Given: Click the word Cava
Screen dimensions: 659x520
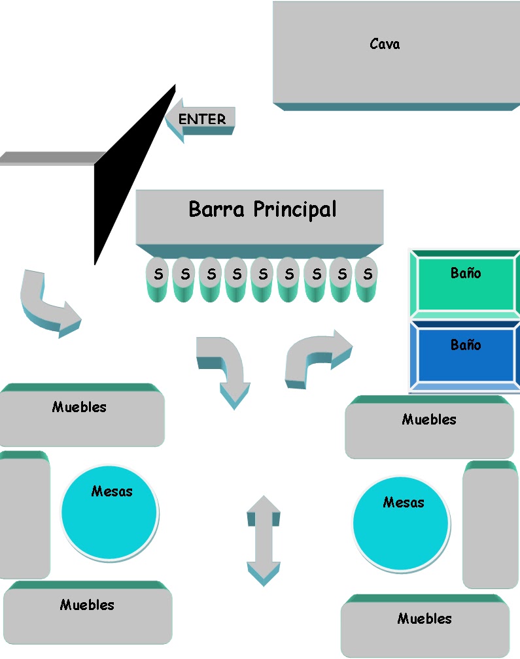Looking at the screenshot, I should click(x=385, y=44).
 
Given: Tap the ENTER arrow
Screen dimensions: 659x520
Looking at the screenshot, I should click(x=201, y=120).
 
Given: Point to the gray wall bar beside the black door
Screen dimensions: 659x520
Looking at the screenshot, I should click(x=49, y=158).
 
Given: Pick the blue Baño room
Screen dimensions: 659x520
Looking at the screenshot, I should click(x=464, y=353).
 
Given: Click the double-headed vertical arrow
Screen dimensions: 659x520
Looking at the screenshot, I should click(x=264, y=540).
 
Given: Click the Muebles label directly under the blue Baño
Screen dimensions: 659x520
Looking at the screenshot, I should click(x=429, y=420).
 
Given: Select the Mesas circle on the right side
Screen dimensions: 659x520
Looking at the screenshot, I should click(x=401, y=524).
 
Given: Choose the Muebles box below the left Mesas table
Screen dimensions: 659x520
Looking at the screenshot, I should click(x=88, y=614).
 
